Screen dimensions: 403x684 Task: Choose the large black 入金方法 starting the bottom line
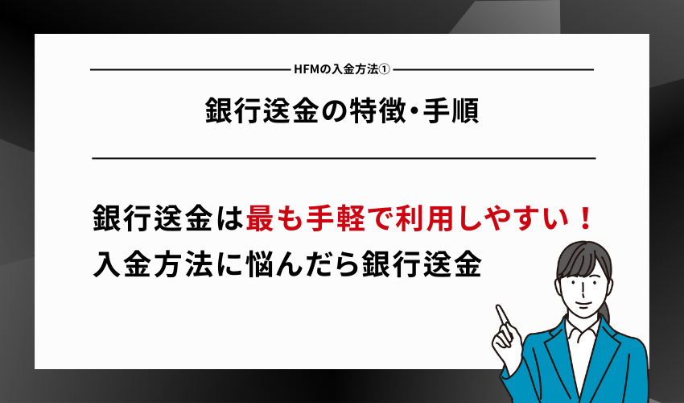(153, 264)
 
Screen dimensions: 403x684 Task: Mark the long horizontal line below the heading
(344, 159)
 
